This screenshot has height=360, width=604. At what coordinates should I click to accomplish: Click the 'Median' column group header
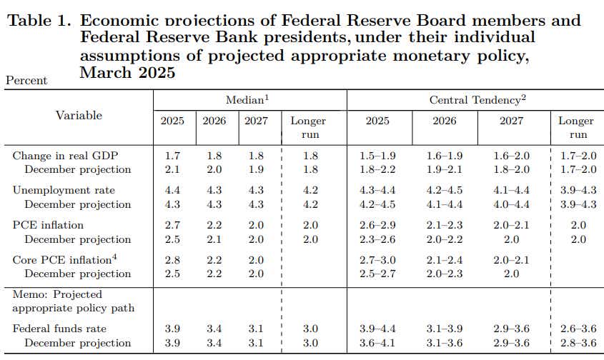coord(247,101)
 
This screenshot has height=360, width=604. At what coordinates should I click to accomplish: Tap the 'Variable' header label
coord(79,116)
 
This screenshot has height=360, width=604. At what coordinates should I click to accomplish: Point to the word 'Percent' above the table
coord(26,81)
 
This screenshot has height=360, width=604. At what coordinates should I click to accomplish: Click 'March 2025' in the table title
coord(128,72)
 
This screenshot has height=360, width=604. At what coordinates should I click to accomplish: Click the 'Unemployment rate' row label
coord(64,190)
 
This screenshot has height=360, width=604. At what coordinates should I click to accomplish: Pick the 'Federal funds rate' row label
coord(59,329)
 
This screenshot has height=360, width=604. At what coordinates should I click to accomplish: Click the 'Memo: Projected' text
coord(57,294)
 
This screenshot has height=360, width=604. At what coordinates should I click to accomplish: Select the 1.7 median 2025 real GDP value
coord(172,156)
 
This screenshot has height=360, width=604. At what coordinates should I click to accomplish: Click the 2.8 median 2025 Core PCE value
coord(172,259)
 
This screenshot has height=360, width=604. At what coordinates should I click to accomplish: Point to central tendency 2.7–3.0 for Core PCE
coord(378,259)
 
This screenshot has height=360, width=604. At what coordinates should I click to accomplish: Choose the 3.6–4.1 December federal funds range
coord(378,343)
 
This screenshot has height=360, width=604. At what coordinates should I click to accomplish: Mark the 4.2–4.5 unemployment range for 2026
coord(444,190)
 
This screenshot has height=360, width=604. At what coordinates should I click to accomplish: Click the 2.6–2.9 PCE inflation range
coord(378,225)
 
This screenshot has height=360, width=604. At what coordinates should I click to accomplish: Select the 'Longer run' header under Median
coord(308,127)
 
